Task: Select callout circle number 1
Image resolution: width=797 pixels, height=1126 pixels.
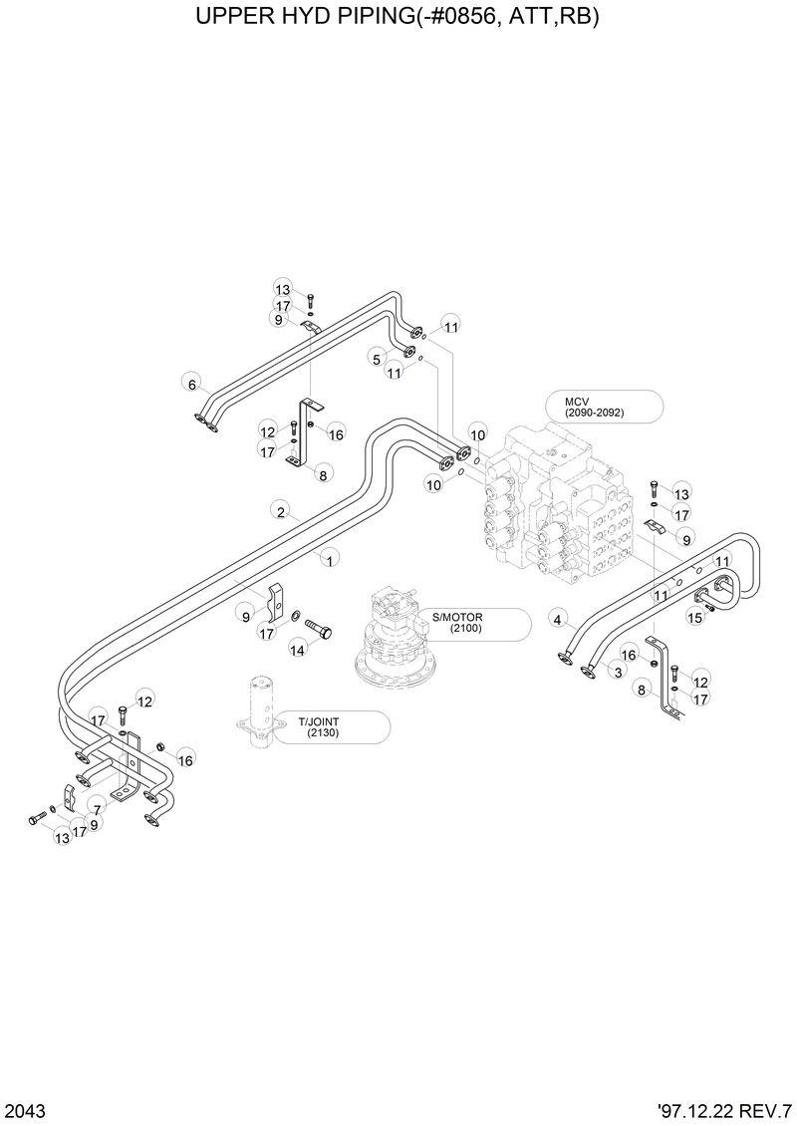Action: click(329, 561)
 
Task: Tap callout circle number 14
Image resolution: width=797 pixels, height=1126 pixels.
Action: click(297, 649)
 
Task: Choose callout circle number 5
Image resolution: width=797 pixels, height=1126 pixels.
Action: click(378, 358)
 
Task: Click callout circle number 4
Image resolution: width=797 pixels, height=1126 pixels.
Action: click(559, 620)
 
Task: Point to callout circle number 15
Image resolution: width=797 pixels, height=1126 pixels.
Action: click(695, 618)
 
